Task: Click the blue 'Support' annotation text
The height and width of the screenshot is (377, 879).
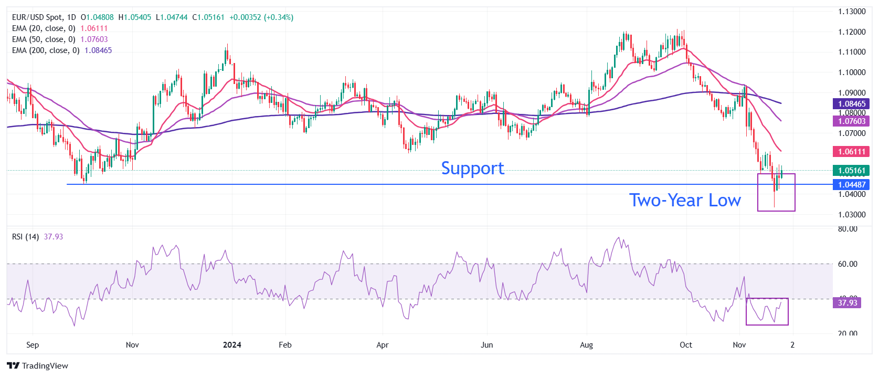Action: click(472, 168)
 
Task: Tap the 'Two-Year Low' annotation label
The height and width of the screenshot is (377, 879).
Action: click(685, 200)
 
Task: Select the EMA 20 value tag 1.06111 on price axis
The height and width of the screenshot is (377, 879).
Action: click(851, 152)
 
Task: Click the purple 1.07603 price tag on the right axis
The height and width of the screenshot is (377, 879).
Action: click(851, 121)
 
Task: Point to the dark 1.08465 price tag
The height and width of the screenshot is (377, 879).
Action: click(851, 104)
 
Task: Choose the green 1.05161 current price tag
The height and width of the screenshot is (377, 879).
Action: click(851, 171)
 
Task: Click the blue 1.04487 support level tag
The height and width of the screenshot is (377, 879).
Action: click(851, 184)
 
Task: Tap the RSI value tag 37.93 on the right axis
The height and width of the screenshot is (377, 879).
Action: click(847, 303)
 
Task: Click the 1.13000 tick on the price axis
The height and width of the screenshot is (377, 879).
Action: click(851, 12)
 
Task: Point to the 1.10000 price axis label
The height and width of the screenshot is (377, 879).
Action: click(851, 72)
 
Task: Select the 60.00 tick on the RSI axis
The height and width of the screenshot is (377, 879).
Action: click(848, 264)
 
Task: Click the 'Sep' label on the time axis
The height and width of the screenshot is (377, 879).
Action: click(33, 345)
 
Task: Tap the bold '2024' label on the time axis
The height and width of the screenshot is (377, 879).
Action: click(232, 345)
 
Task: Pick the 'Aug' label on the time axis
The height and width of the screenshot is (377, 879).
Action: click(586, 345)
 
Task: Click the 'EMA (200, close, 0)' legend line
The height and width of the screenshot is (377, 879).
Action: click(46, 50)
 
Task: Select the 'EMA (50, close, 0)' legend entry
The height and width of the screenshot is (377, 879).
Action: click(44, 39)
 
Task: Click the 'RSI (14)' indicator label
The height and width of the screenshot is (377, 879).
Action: click(25, 237)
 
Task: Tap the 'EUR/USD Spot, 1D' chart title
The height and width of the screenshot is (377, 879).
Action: click(44, 17)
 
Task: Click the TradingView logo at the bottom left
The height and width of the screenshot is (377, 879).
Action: click(38, 366)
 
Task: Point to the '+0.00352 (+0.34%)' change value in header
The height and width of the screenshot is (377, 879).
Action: click(261, 17)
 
